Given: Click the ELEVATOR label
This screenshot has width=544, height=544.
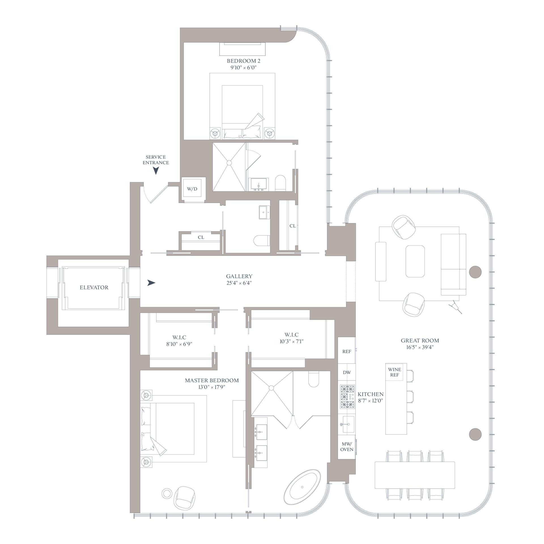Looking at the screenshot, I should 94,287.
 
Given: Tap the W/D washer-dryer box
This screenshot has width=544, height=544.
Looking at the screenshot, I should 192,189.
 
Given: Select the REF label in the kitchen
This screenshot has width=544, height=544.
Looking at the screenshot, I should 347,351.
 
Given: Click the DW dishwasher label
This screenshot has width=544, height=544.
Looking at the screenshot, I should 347,372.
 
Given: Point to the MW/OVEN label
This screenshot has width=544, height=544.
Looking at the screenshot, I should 347,447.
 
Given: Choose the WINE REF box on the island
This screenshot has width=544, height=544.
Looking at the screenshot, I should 394,372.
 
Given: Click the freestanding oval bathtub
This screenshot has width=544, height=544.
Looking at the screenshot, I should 303,487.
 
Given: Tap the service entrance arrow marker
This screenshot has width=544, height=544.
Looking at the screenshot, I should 156,170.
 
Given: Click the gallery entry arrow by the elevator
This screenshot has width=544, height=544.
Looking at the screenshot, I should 151,283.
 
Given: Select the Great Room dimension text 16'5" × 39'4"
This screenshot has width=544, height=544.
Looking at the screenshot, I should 420,347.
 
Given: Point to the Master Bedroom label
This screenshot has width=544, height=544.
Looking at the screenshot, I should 212,380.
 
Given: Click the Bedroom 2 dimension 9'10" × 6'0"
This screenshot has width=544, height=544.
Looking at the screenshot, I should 243,67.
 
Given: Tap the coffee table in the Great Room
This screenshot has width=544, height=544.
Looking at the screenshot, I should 415,261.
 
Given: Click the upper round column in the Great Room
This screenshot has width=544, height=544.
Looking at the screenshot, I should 475,272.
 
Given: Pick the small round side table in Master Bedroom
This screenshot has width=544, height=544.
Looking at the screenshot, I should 166,493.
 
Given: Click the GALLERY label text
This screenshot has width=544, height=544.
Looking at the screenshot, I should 239,276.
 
